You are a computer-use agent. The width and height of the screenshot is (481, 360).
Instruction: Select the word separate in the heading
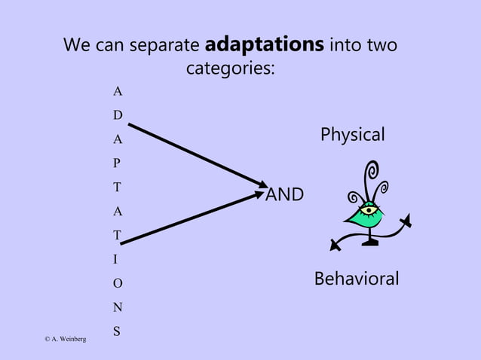pos(166,46)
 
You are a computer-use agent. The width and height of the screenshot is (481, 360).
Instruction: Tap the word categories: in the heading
pos(230,69)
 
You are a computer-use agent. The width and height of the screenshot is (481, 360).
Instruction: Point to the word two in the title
pos(381,46)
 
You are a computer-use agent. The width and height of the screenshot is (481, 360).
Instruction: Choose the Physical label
pos(352,135)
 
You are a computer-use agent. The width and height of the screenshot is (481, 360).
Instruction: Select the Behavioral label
pos(356,279)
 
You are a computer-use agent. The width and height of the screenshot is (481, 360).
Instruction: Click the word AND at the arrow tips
pos(285,195)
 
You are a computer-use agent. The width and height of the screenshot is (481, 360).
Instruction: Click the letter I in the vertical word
pos(115,260)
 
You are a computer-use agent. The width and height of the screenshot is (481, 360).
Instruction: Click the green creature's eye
pos(368,210)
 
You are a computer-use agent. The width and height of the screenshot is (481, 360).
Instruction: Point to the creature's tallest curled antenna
pos(371,176)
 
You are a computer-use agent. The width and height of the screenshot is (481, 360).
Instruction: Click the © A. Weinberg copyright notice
pos(65,340)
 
